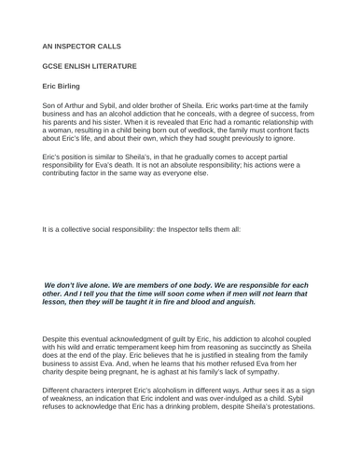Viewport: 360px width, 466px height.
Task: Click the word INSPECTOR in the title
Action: point(89,44)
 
